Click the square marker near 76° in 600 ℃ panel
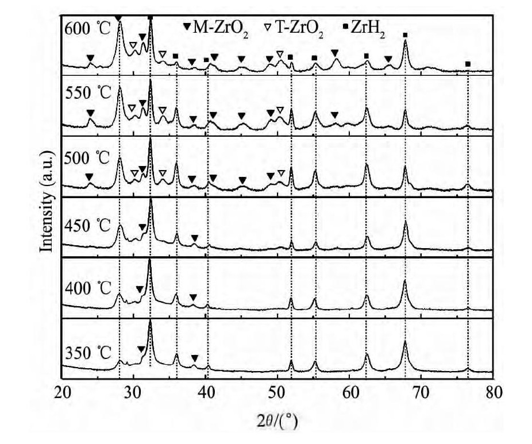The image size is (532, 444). click(x=468, y=64)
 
